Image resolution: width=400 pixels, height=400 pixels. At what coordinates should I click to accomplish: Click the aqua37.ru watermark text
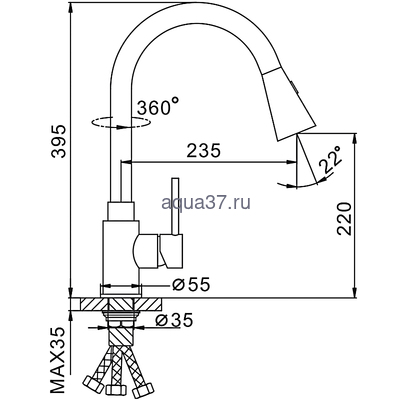(201, 204)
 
